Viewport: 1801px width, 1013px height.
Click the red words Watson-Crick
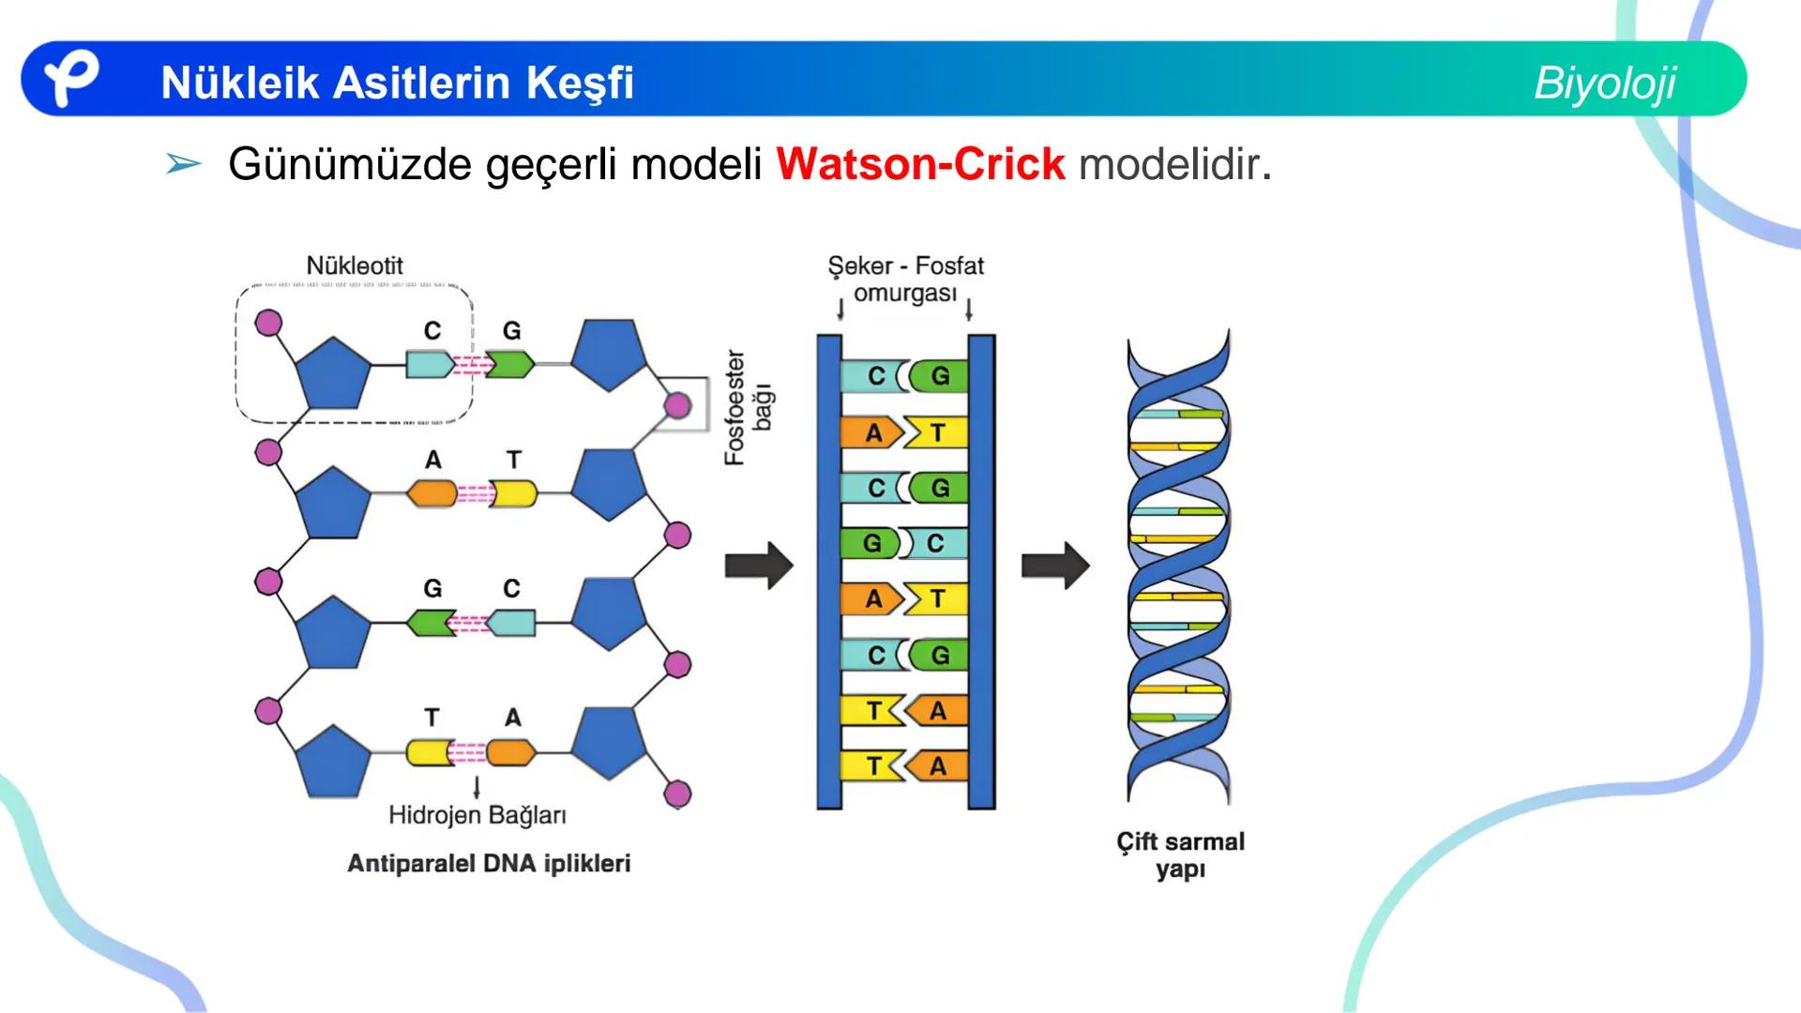[x=920, y=165]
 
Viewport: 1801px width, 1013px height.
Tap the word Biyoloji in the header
[x=1604, y=83]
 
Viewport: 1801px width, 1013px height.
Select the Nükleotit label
[x=355, y=265]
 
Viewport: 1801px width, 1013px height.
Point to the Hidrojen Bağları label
[x=477, y=815]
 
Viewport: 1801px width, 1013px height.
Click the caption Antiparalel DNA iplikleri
[x=489, y=863]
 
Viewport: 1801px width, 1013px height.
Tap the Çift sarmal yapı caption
[x=1180, y=854]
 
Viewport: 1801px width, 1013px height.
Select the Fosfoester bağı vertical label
[x=748, y=408]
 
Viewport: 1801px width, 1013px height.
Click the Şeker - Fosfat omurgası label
[x=905, y=280]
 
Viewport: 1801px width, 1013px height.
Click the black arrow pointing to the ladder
[x=759, y=566]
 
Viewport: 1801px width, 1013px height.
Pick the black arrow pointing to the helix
[x=1055, y=566]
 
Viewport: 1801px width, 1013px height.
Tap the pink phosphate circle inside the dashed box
[x=269, y=323]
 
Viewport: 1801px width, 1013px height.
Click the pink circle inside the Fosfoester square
[x=677, y=405]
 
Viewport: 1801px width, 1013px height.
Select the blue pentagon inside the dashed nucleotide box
[x=333, y=371]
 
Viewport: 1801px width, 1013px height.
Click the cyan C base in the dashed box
[x=429, y=364]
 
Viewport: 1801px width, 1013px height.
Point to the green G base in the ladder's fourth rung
[x=871, y=543]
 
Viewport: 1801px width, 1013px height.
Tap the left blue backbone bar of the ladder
[x=829, y=571]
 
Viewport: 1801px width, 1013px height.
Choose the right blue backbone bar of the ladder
[x=981, y=571]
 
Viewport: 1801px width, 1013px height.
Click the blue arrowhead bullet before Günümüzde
[x=183, y=164]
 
